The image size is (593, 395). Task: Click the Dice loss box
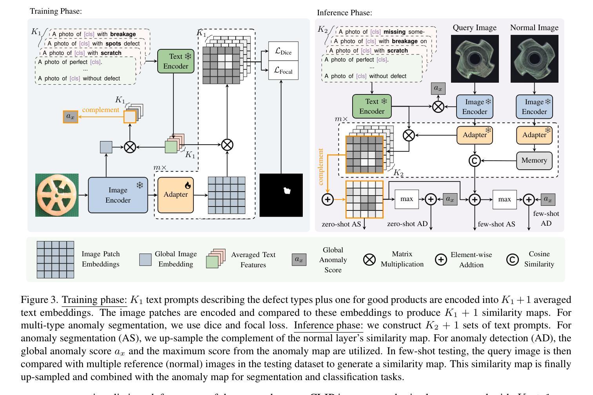283,51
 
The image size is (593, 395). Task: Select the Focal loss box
283,71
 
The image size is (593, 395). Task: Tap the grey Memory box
534,160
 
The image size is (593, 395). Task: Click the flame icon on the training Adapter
188,185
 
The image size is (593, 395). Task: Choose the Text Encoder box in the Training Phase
176,61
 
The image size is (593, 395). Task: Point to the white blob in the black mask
287,190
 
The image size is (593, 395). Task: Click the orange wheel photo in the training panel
57,195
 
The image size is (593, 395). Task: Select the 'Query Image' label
475,27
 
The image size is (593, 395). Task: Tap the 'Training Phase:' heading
56,11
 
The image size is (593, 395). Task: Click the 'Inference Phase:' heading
344,13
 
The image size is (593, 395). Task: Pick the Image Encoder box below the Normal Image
534,107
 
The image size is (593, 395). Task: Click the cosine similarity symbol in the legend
512,259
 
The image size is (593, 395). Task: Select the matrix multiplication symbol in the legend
369,259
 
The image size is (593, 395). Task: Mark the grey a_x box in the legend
299,259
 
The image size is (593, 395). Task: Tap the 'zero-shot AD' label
407,224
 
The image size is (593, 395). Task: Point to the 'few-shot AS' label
497,224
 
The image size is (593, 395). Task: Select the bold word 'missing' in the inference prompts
395,32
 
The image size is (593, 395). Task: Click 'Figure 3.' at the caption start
40,299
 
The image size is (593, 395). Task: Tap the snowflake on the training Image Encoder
140,185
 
